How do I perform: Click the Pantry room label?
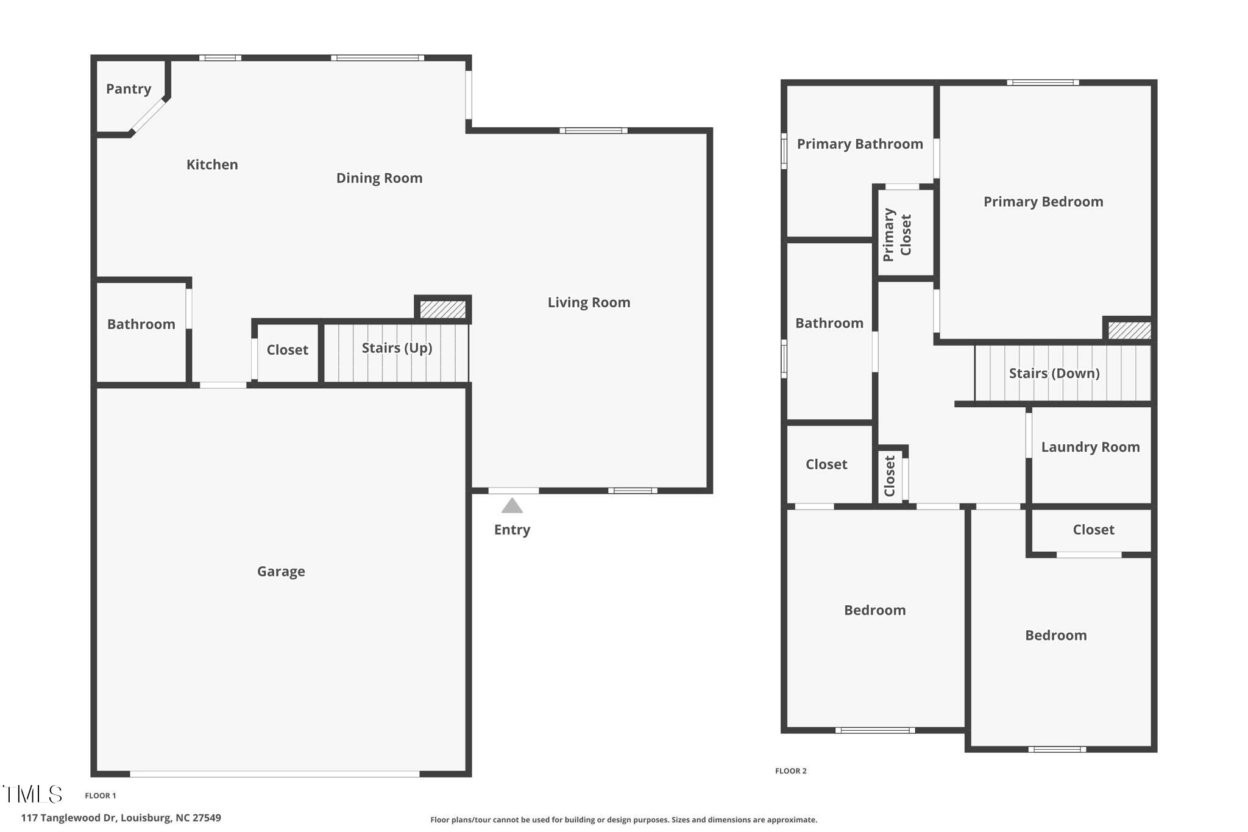[129, 89]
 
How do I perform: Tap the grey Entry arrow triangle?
[512, 506]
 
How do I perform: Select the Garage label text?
[281, 572]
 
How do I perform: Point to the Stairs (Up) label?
[397, 348]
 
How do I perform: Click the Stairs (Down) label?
[1054, 374]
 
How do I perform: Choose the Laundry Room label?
[1090, 447]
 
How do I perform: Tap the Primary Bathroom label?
[860, 144]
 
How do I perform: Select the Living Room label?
[589, 303]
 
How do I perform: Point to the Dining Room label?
[379, 179]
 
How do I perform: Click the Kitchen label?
[212, 165]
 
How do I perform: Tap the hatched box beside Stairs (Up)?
[443, 309]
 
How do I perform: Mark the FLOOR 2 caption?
[790, 771]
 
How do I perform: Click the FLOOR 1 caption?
[100, 795]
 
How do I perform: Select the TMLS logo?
[32, 794]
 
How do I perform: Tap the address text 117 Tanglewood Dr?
[68, 818]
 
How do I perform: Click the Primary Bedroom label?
[1043, 202]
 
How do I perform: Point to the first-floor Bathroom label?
[141, 324]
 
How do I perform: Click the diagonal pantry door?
[148, 116]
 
